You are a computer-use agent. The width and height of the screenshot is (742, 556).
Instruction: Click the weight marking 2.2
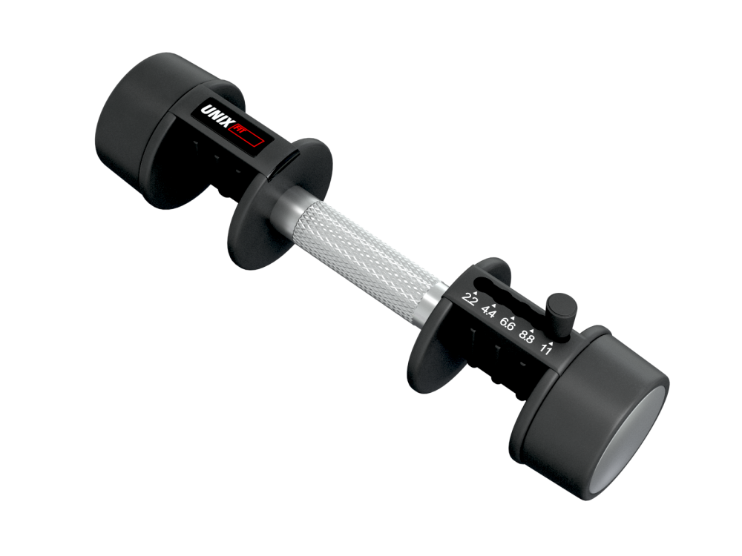point(469,299)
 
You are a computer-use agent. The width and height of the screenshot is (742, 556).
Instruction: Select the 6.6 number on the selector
point(508,324)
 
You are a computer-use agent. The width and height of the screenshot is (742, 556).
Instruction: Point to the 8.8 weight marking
point(527,336)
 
